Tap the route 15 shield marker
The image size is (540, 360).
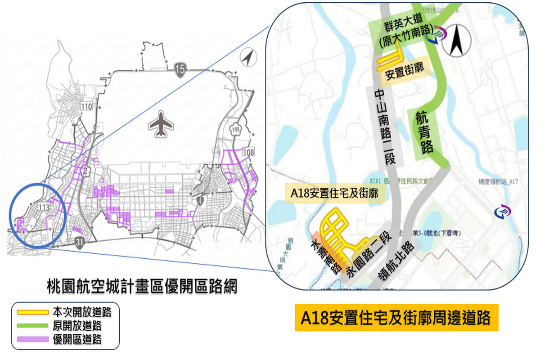[179, 69]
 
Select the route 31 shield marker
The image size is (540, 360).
[79, 242]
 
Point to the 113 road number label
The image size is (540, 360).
[44, 207]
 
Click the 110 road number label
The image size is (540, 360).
[86, 107]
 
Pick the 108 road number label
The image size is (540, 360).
[248, 153]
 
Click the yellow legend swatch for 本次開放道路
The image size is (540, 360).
[32, 311]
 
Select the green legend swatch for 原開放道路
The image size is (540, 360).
[32, 325]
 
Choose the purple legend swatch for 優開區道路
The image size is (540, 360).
[32, 339]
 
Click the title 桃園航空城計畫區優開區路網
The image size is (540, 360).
[142, 287]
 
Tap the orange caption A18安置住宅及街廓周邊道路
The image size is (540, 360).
[396, 318]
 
